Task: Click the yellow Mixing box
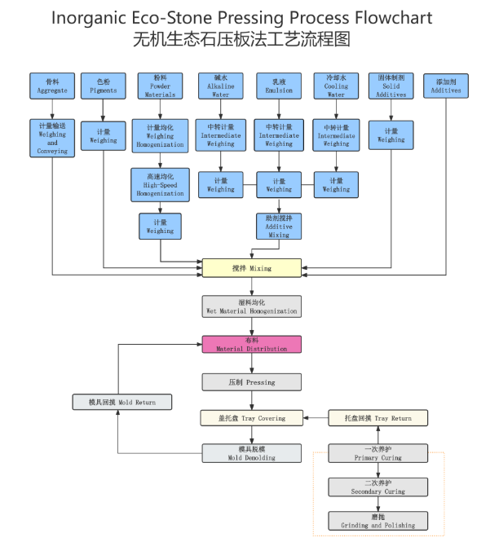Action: [251, 267]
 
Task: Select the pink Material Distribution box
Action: [251, 345]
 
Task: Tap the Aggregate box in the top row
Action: [52, 86]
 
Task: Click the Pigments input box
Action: [103, 86]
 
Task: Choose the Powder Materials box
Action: [160, 86]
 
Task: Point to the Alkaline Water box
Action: [220, 86]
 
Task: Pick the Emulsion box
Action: [279, 86]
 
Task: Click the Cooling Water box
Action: [336, 86]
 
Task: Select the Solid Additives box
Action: [391, 86]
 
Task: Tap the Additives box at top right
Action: [446, 86]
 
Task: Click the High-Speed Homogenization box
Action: [160, 185]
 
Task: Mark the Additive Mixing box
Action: [279, 226]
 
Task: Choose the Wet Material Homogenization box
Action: [251, 306]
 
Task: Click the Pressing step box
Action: [251, 381]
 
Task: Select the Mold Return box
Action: [121, 402]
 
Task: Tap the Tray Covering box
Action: [251, 418]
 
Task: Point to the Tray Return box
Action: [378, 418]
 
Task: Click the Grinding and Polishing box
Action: [378, 522]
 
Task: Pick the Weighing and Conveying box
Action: [52, 139]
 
